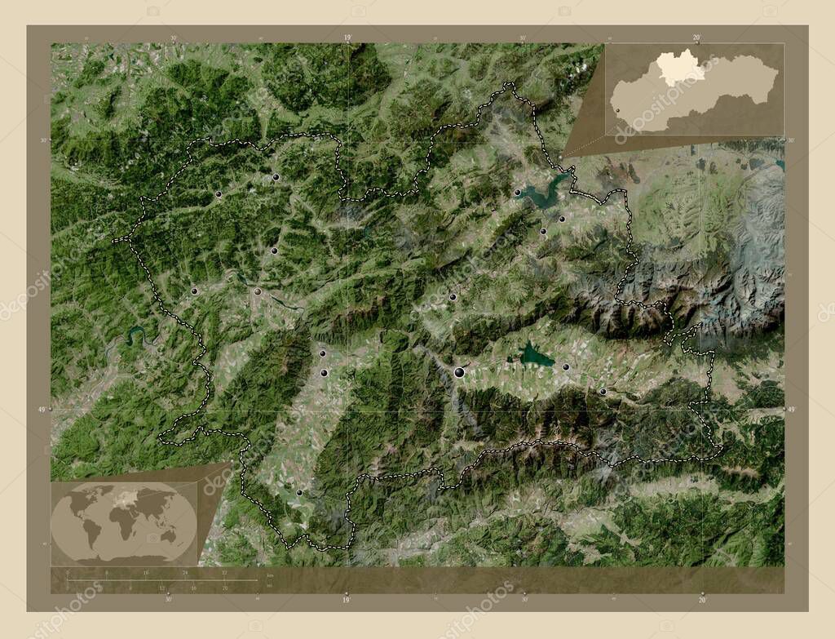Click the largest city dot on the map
click(x=460, y=372)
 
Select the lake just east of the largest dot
click(x=536, y=355)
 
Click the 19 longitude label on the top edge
click(x=347, y=37)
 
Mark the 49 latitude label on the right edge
click(x=790, y=409)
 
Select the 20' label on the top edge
click(x=696, y=37)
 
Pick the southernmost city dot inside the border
click(x=299, y=493)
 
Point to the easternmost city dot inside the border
click(x=603, y=393)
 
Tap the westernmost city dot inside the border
click(x=194, y=291)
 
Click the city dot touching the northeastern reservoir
click(x=517, y=193)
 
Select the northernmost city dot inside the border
click(x=276, y=177)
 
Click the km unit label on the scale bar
click(x=270, y=575)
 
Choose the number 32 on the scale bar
click(x=224, y=574)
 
